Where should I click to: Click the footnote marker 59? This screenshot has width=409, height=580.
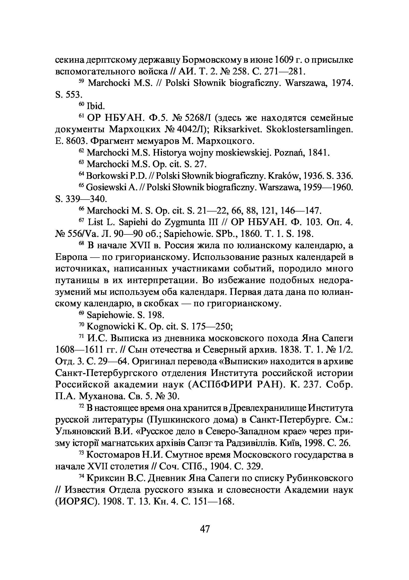(x=82, y=81)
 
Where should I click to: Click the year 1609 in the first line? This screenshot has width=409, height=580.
(x=284, y=60)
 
